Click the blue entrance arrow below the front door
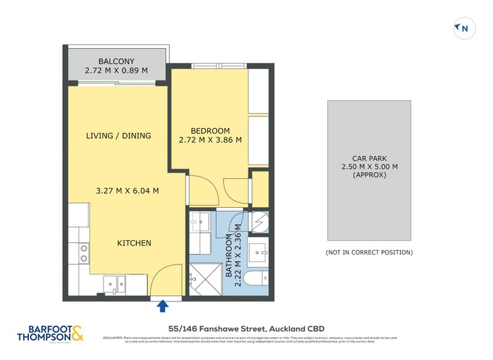click(163, 305)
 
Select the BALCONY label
click(116, 61)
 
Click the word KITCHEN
click(134, 243)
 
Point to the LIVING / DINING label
click(118, 136)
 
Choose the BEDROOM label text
click(210, 131)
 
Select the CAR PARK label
click(369, 158)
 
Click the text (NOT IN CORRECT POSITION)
click(369, 252)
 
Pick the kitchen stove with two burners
click(83, 253)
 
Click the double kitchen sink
click(115, 283)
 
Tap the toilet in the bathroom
click(256, 279)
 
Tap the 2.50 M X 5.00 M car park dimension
click(369, 166)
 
